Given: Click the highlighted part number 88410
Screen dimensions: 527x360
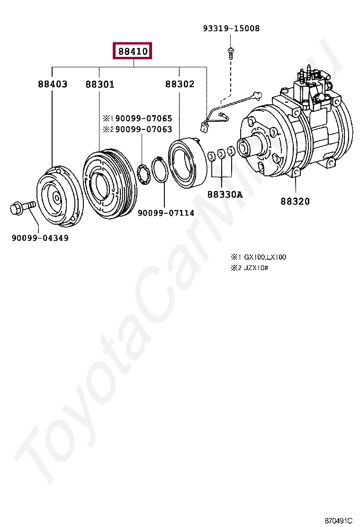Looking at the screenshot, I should pos(132,51).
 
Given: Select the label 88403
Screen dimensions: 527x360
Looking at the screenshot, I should pos(53,84).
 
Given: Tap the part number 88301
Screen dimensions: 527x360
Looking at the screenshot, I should pos(100,84).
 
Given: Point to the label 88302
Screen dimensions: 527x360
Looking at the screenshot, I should pos(180,84).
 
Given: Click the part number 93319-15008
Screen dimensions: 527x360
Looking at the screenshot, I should pos(231,28).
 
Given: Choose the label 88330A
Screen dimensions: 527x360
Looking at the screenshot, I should pos(225,194).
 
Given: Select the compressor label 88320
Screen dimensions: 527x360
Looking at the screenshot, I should pos(295,201).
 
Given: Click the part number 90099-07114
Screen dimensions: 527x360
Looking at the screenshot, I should pos(166,213).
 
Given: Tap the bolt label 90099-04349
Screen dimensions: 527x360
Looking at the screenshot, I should pos(40,238).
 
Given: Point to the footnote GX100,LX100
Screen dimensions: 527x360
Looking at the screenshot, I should pos(264,257).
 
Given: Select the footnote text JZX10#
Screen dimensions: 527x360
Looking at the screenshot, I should pos(256,268).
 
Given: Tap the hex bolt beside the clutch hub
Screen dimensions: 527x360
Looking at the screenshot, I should pos(21,207).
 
